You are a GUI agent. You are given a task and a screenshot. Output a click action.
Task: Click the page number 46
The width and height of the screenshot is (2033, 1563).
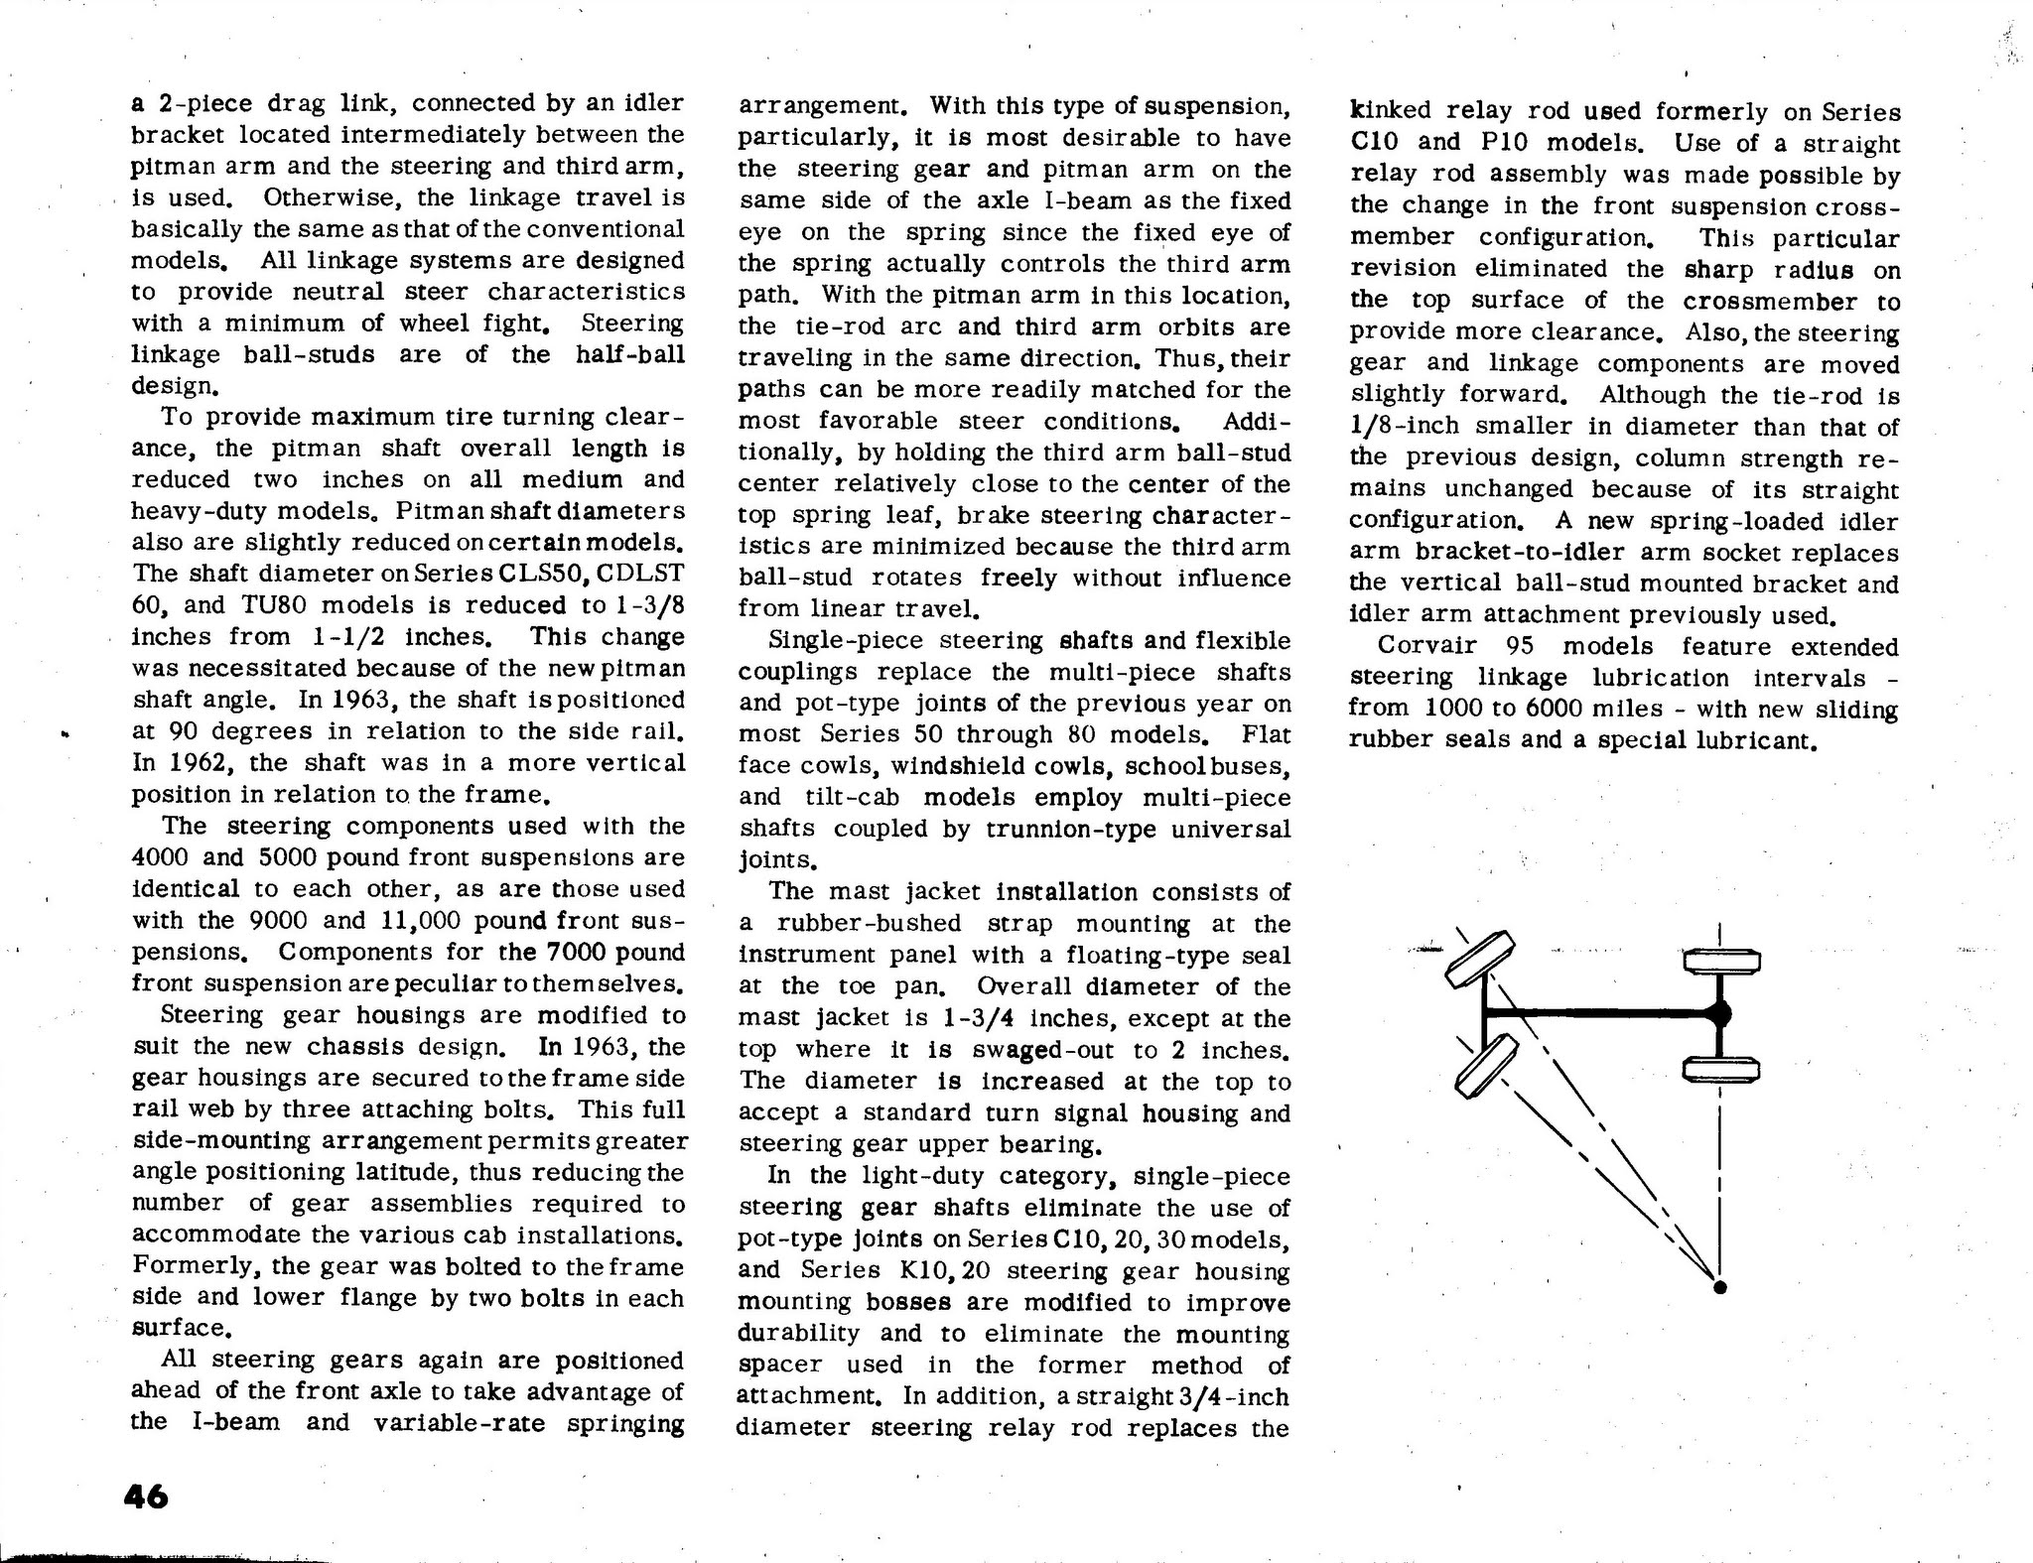(x=147, y=1496)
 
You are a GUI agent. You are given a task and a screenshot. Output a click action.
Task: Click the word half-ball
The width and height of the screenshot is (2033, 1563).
(x=630, y=354)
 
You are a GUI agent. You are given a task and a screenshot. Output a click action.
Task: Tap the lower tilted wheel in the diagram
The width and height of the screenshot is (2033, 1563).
(x=1486, y=1065)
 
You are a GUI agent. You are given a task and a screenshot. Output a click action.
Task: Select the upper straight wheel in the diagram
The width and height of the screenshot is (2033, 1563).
(x=1721, y=961)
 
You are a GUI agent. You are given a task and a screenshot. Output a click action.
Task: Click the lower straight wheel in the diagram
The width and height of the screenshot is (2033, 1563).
(x=1721, y=1069)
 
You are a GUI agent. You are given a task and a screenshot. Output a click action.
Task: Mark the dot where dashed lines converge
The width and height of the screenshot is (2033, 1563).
(x=1720, y=1287)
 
